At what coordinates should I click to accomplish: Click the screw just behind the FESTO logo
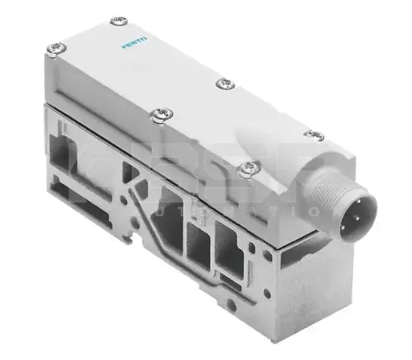coord(118,21)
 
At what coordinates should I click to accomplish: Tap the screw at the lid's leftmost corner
coord(56,47)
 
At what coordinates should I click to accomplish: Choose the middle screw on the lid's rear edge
coord(225,83)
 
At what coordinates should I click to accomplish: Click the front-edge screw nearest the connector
coord(249,167)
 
